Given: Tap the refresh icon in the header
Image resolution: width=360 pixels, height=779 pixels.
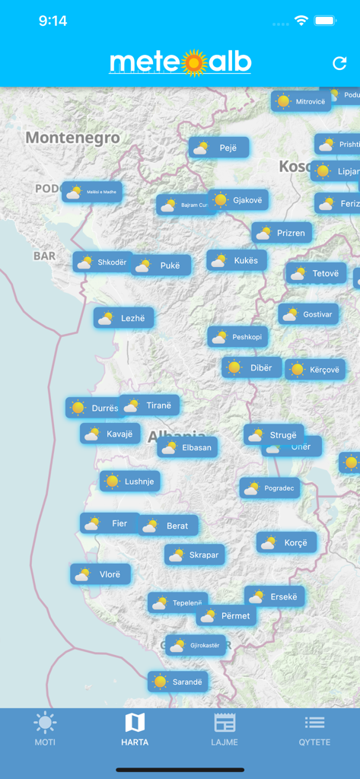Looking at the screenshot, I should click(x=339, y=64).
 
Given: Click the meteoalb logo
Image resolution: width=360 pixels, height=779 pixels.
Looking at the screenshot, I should click(x=180, y=63).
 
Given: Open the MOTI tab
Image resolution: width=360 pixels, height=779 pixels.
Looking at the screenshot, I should click(x=45, y=729).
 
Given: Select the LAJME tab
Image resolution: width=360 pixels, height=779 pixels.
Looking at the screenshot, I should click(x=225, y=729).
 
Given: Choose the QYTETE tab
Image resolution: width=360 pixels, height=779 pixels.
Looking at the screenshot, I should click(x=314, y=729).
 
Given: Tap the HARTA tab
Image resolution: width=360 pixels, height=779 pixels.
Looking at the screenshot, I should click(x=135, y=729).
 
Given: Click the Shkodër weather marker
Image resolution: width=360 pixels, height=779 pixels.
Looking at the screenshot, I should click(x=104, y=262).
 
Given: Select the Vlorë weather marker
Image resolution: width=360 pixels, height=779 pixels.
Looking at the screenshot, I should click(x=100, y=574).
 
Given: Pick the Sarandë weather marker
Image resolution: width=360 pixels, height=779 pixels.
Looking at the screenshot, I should click(x=177, y=682).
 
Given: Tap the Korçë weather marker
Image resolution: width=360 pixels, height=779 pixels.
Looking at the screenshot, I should click(x=286, y=542).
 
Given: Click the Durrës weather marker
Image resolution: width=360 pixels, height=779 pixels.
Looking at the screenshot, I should click(x=95, y=408).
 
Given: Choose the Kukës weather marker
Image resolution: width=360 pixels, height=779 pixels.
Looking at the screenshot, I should click(x=236, y=260).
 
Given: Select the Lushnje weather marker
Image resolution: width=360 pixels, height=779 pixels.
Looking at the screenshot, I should click(x=129, y=481).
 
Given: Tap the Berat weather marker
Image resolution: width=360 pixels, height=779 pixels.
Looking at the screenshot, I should click(x=167, y=526).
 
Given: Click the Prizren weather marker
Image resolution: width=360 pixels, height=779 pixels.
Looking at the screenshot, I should click(x=282, y=233).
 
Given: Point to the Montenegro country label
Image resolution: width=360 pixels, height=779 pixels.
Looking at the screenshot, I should click(x=73, y=138).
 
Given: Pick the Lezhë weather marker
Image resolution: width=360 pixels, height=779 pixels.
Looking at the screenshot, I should click(x=123, y=318).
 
